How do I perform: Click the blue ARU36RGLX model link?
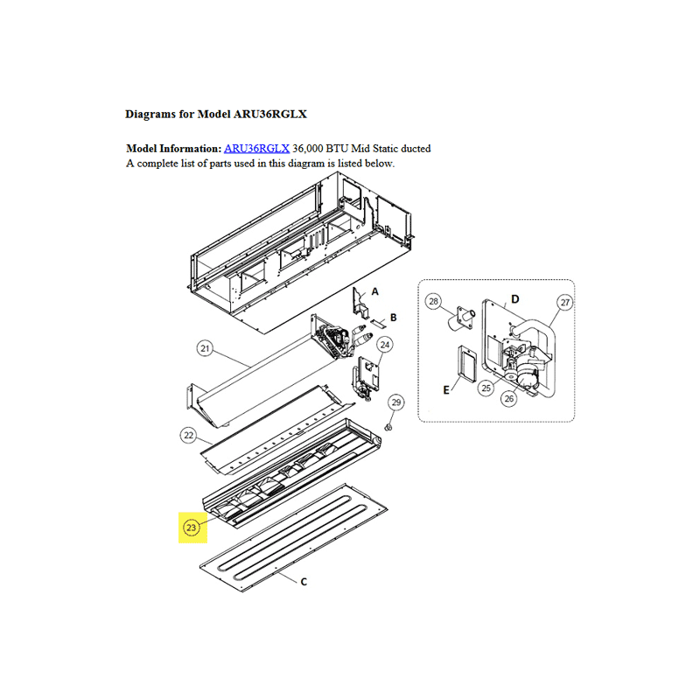[256, 149]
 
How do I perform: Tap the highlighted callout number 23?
[191, 528]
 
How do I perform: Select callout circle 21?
[205, 348]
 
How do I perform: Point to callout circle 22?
[189, 435]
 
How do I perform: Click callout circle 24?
[385, 345]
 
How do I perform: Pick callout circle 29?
[396, 402]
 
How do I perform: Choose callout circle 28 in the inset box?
[433, 301]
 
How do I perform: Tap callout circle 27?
[565, 302]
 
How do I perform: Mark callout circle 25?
[486, 388]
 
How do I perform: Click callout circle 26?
[509, 398]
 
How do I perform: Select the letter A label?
[375, 291]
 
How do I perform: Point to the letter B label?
[393, 318]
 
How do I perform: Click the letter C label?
[304, 582]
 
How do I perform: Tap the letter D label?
[515, 299]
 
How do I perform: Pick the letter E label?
[446, 390]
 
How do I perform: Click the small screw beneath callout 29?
[388, 428]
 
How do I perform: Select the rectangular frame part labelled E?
[466, 364]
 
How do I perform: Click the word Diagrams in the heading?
[150, 115]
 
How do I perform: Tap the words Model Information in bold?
[173, 149]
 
